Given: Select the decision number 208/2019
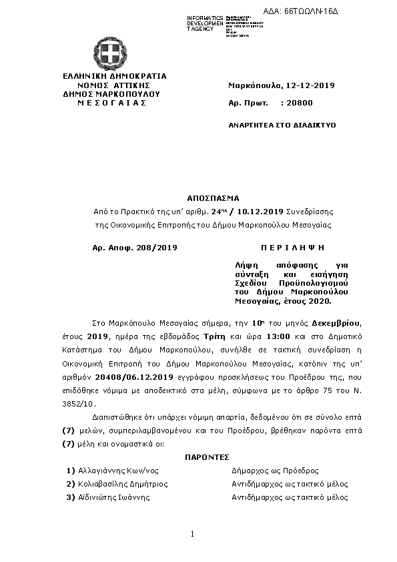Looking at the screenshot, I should pos(153,247).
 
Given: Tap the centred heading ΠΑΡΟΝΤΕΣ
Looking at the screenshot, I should pos(207,458).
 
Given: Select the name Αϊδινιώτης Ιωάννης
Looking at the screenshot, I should pos(113,497).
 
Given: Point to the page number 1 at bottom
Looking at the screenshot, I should pos(191,534).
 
